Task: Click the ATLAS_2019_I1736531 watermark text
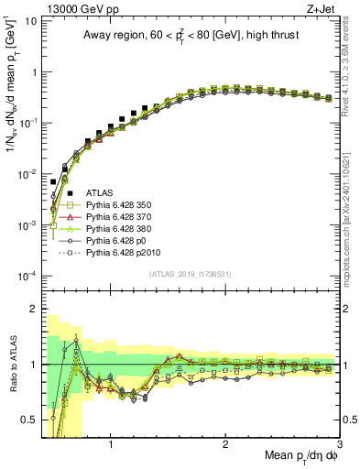point(191,275)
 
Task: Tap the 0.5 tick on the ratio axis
point(31,420)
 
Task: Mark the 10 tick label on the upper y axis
point(31,19)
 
